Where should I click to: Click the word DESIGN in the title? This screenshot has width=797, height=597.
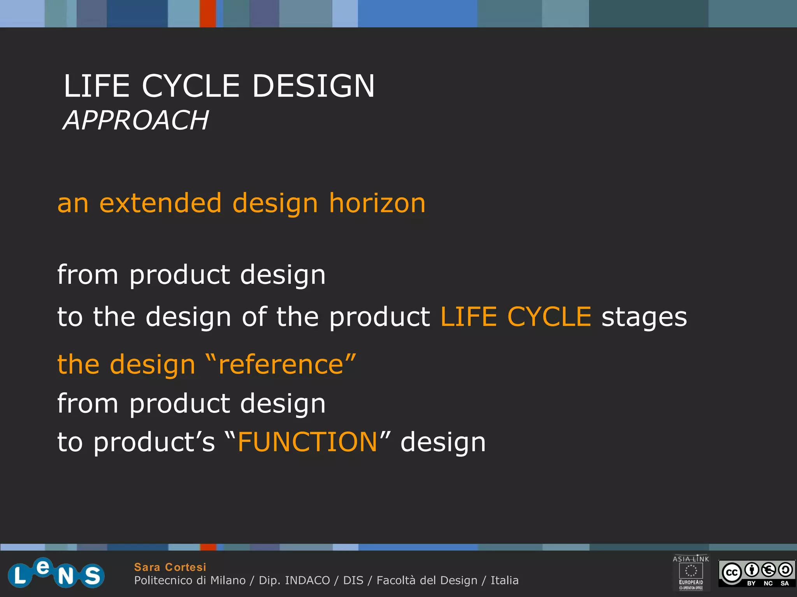coord(313,86)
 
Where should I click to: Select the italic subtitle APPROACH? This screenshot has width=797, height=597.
coord(136,120)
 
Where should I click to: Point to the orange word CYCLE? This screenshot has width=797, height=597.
coord(549,316)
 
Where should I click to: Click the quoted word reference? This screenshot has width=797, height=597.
coord(280,365)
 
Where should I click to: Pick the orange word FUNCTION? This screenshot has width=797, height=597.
coord(307,442)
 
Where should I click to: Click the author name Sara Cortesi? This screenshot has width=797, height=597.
coord(170,567)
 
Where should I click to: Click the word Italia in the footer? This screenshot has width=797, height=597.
coord(504,580)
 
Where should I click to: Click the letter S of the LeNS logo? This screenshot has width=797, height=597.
coord(92,576)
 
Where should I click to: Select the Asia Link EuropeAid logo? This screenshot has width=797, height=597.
coord(691,572)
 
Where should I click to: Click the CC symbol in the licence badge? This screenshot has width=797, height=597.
coord(732,573)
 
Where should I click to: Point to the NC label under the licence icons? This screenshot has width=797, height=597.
coord(768,583)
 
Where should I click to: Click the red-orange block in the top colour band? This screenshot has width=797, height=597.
coord(208,14)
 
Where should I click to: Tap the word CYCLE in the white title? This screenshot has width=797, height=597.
coord(191,86)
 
